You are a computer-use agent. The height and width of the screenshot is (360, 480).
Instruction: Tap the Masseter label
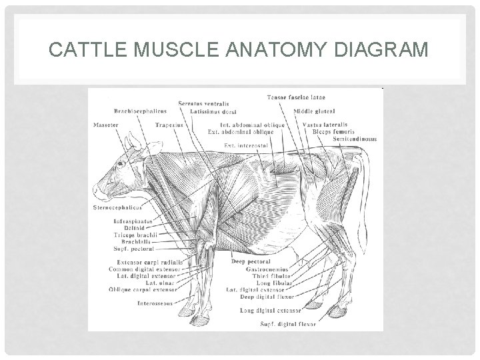pyautogui.click(x=105, y=125)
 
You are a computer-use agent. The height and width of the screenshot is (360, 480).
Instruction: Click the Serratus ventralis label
pyautogui.click(x=203, y=103)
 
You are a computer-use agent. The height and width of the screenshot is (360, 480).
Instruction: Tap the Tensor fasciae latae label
pyautogui.click(x=296, y=98)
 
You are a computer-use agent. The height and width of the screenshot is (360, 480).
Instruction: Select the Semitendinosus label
pyautogui.click(x=354, y=139)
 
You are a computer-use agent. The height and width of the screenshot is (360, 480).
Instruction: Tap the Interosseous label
pyautogui.click(x=155, y=303)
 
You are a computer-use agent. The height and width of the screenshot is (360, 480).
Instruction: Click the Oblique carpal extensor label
pyautogui.click(x=141, y=289)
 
